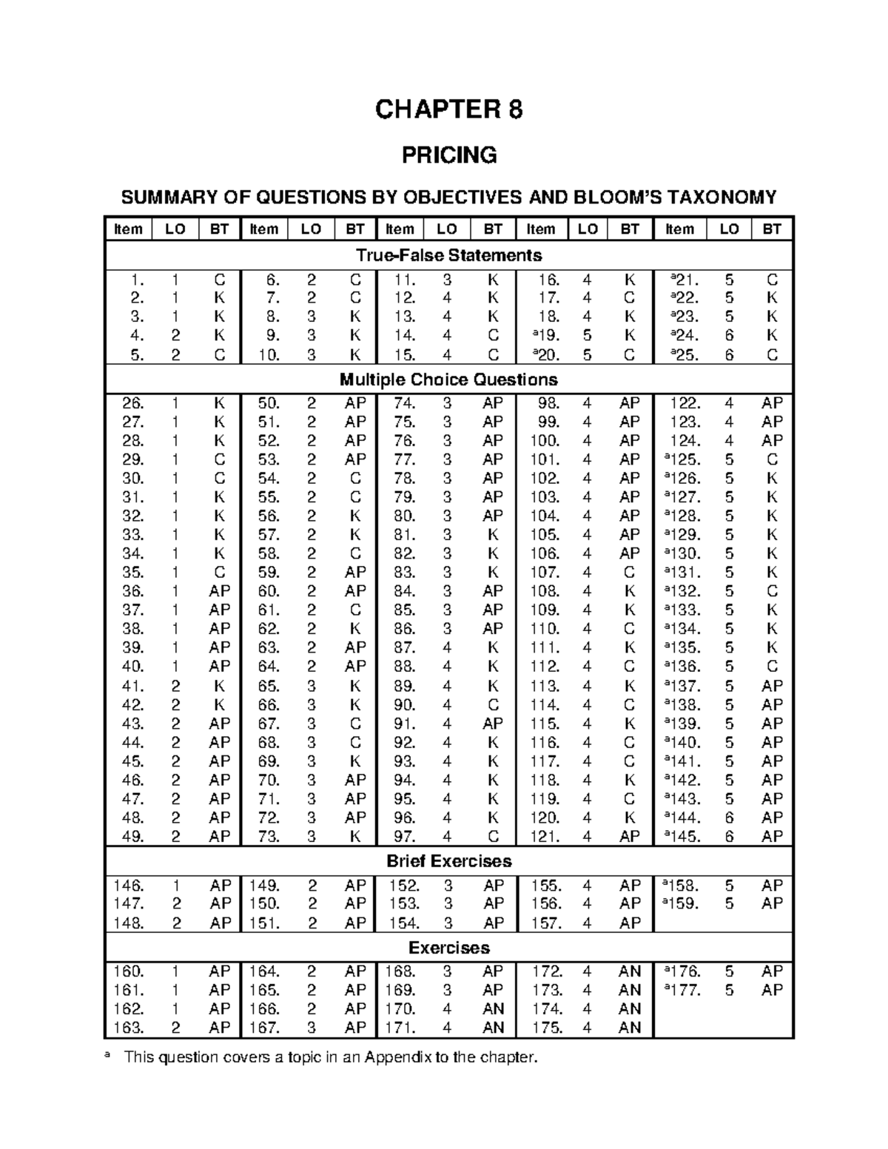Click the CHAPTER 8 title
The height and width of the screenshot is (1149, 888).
448,109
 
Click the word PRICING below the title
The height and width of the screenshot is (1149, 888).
448,155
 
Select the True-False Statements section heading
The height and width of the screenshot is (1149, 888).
448,255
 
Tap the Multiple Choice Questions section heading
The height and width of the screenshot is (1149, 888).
448,380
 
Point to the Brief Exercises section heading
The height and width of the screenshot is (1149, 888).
448,861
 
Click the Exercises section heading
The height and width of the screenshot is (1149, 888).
448,948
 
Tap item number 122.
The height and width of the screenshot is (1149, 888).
684,403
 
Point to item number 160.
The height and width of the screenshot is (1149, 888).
129,971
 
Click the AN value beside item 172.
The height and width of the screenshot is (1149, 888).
630,971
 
